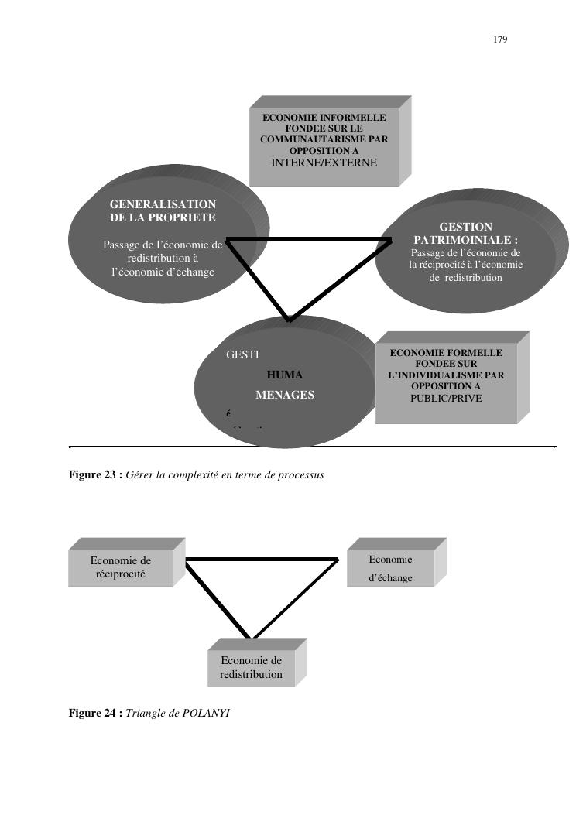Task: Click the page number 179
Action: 500,39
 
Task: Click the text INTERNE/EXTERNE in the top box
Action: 324,163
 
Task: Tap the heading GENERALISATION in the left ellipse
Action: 163,204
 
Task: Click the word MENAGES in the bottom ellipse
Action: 285,395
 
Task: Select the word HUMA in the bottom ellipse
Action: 284,375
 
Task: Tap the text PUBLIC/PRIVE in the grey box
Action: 446,398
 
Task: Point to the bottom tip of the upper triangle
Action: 290,319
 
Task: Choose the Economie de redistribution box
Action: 252,667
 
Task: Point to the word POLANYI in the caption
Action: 207,713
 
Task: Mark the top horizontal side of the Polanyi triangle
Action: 262,559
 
